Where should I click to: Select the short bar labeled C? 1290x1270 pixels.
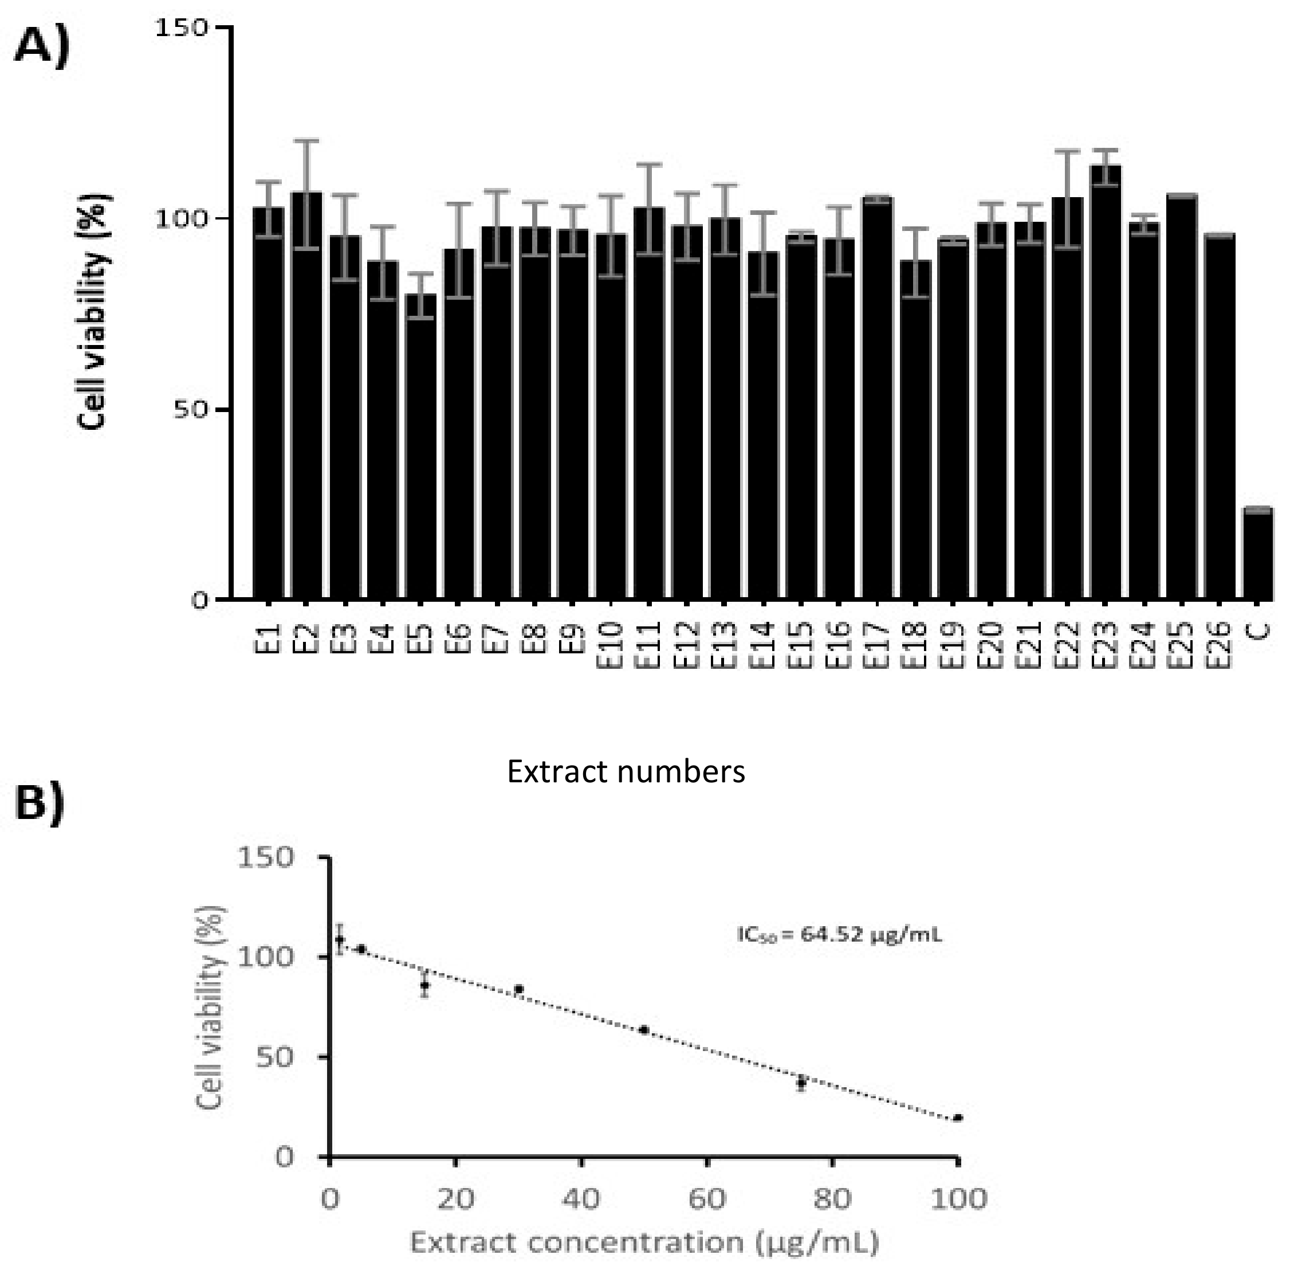tap(1258, 554)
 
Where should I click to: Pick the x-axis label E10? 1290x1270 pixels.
tap(611, 644)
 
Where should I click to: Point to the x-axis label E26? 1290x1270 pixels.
tap(1220, 644)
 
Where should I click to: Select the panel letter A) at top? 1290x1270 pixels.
tap(41, 48)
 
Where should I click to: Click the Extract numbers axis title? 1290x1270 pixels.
tap(626, 772)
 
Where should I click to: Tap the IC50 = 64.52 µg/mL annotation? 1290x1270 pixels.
tap(839, 935)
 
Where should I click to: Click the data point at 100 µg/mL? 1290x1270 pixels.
tap(957, 1118)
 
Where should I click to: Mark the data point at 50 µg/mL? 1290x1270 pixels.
tap(644, 1030)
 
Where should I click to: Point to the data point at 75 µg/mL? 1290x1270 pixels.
tap(801, 1083)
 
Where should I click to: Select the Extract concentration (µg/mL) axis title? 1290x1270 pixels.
tap(644, 1242)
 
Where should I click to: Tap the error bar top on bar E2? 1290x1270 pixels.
tap(306, 141)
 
